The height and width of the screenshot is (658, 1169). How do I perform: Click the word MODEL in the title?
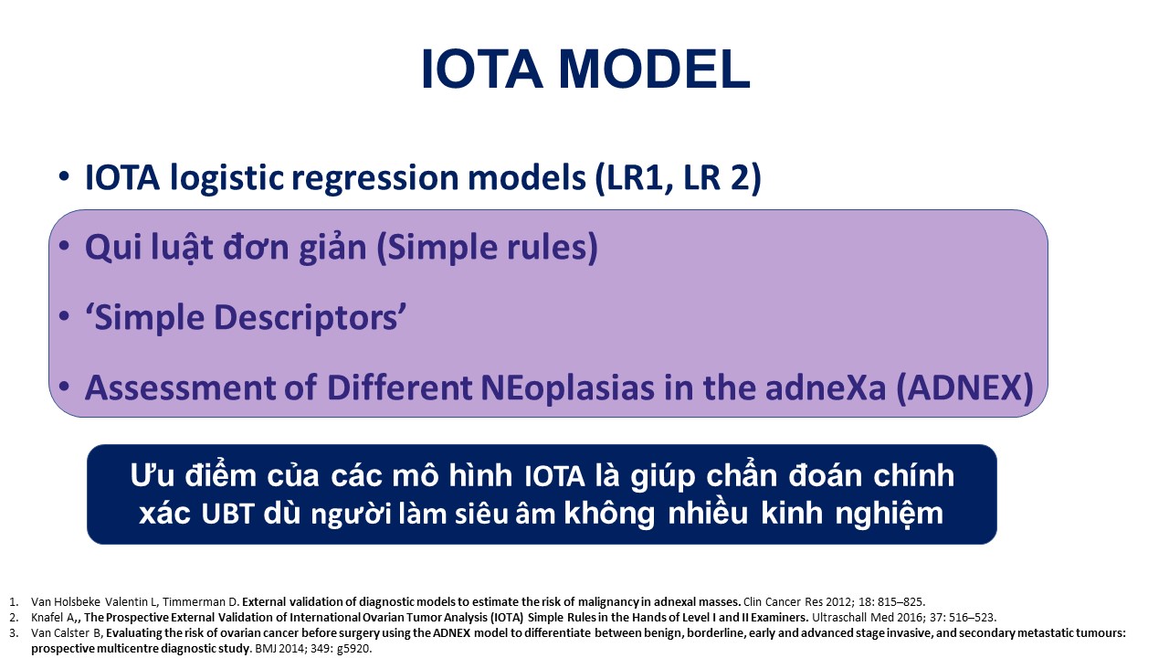pos(655,69)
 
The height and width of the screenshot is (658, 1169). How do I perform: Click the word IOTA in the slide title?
pos(481,69)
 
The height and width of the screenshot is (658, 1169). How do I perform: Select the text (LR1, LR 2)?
pos(678,177)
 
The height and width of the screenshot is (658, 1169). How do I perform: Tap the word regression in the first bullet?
pos(375,178)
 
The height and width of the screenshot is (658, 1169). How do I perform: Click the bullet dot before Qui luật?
pos(64,246)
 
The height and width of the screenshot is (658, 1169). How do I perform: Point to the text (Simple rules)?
pos(487,247)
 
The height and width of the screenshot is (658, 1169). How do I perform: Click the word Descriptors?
pos(308,317)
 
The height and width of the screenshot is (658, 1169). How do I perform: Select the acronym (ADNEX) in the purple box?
pos(964,388)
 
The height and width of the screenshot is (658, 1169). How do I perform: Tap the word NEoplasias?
pos(567,388)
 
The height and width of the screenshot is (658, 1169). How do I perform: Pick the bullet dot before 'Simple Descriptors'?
pos(64,315)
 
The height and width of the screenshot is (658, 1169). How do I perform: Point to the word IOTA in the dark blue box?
pos(553,476)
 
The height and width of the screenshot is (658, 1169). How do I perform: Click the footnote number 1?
pos(14,601)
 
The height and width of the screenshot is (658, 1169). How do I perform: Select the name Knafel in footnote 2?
pos(52,617)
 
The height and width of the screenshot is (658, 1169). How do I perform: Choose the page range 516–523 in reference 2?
pos(973,617)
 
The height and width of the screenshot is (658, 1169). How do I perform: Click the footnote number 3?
pos(14,633)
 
